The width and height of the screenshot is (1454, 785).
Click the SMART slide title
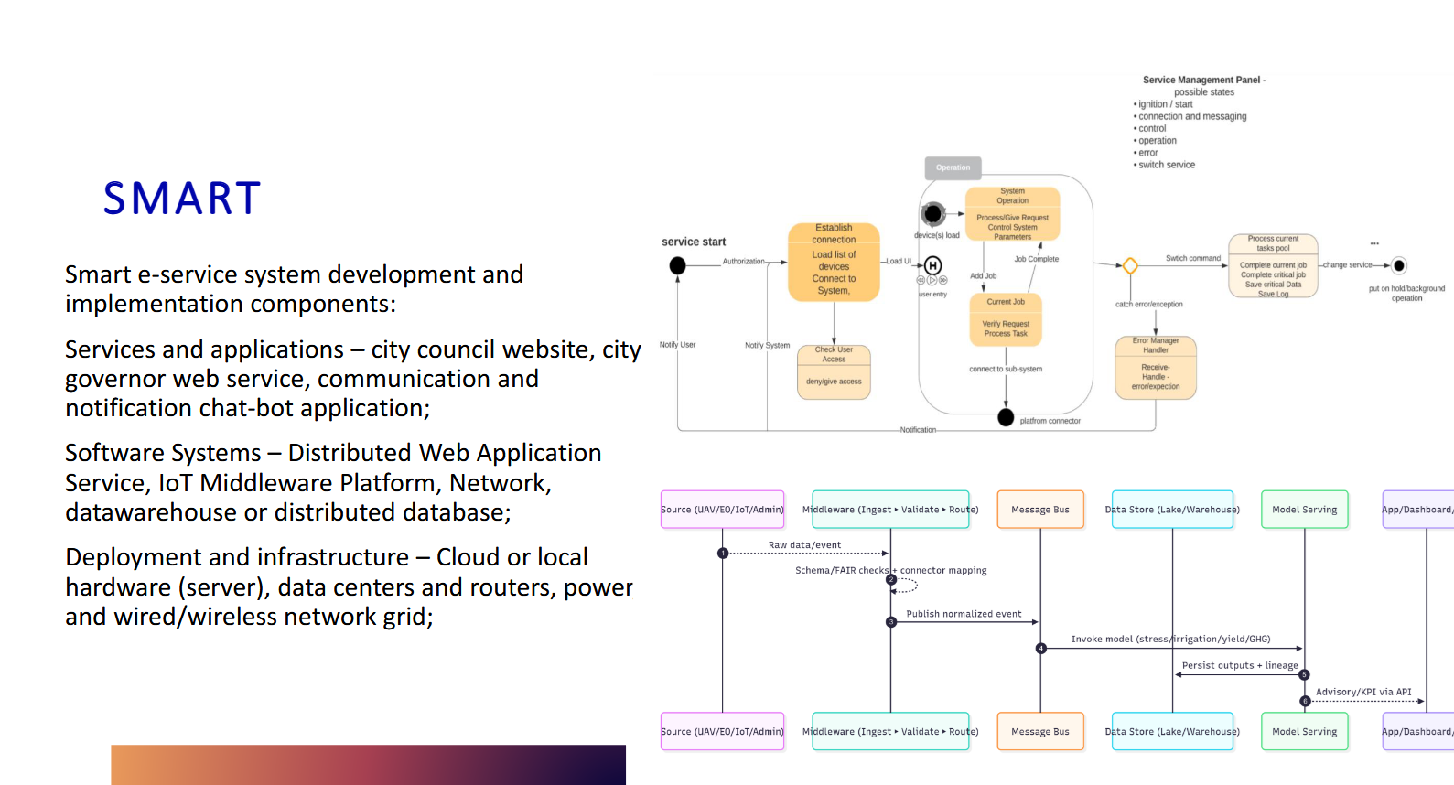(182, 199)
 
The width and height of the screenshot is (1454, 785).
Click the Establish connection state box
(834, 262)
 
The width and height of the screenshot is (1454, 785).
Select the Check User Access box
(834, 371)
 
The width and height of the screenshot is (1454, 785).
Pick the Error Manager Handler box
(1156, 367)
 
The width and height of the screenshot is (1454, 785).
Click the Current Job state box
(1006, 319)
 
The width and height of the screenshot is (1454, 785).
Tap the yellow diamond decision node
(1130, 266)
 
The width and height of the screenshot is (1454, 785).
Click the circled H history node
(932, 265)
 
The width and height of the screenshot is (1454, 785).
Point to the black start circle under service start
(677, 265)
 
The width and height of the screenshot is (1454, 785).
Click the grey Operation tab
(953, 167)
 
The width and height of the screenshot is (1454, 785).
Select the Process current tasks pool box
(1273, 265)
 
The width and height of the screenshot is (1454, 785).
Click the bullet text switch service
(1167, 165)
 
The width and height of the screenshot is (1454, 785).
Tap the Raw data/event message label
(804, 545)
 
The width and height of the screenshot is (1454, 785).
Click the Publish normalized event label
(964, 614)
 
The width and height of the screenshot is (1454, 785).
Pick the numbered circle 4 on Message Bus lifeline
(1040, 649)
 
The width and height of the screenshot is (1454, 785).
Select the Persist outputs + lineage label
(1240, 665)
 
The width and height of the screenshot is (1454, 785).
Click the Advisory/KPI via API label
(1363, 692)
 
